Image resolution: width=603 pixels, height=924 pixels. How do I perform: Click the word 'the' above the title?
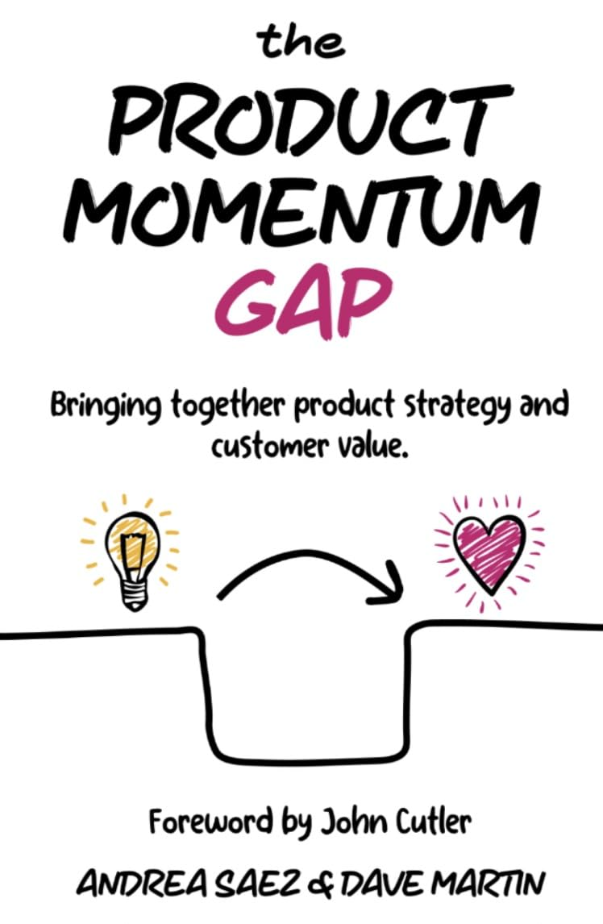(x=301, y=43)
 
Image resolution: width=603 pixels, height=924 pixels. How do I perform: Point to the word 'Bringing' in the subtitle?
(x=106, y=408)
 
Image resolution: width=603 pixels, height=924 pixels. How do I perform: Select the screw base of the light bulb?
(x=132, y=593)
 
